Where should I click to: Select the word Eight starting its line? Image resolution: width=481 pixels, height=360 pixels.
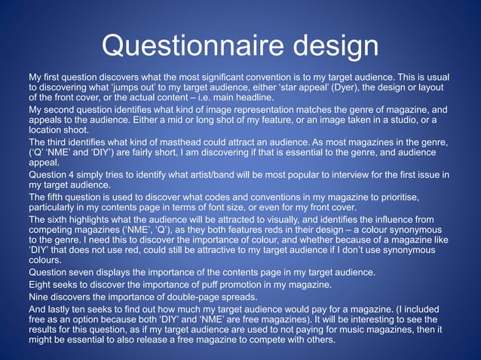coord(41,284)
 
